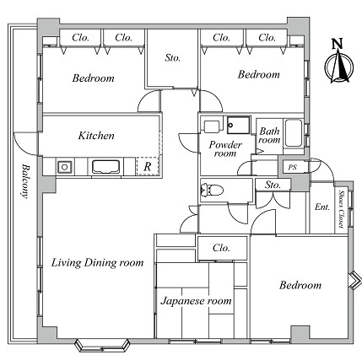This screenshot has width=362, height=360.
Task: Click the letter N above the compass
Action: coord(338,45)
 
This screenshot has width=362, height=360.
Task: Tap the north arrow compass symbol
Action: coord(339,67)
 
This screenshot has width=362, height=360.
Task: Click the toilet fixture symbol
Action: coord(212,191)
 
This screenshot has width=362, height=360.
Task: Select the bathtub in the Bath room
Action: coord(294,133)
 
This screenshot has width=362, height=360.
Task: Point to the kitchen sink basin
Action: coord(105,167)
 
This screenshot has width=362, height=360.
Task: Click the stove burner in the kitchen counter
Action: coord(65,167)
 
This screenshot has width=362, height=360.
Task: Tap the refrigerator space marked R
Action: coord(148,166)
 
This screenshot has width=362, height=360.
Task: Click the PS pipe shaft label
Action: coord(293,167)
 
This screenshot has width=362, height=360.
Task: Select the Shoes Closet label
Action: coord(342,209)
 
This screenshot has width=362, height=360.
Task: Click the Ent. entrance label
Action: coord(322,207)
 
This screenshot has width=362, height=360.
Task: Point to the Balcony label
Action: coord(26,181)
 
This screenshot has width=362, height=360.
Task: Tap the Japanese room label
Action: coord(196,301)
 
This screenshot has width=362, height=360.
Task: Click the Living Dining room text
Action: coord(97,263)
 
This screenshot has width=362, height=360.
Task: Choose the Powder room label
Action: coord(225,149)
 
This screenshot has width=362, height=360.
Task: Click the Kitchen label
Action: coord(96,136)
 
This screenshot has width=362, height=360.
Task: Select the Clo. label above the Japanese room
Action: coord(221,248)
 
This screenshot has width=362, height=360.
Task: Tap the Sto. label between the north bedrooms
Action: coord(172,58)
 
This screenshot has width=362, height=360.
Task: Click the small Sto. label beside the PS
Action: coord(273,185)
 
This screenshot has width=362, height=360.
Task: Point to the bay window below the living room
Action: coord(103,345)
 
